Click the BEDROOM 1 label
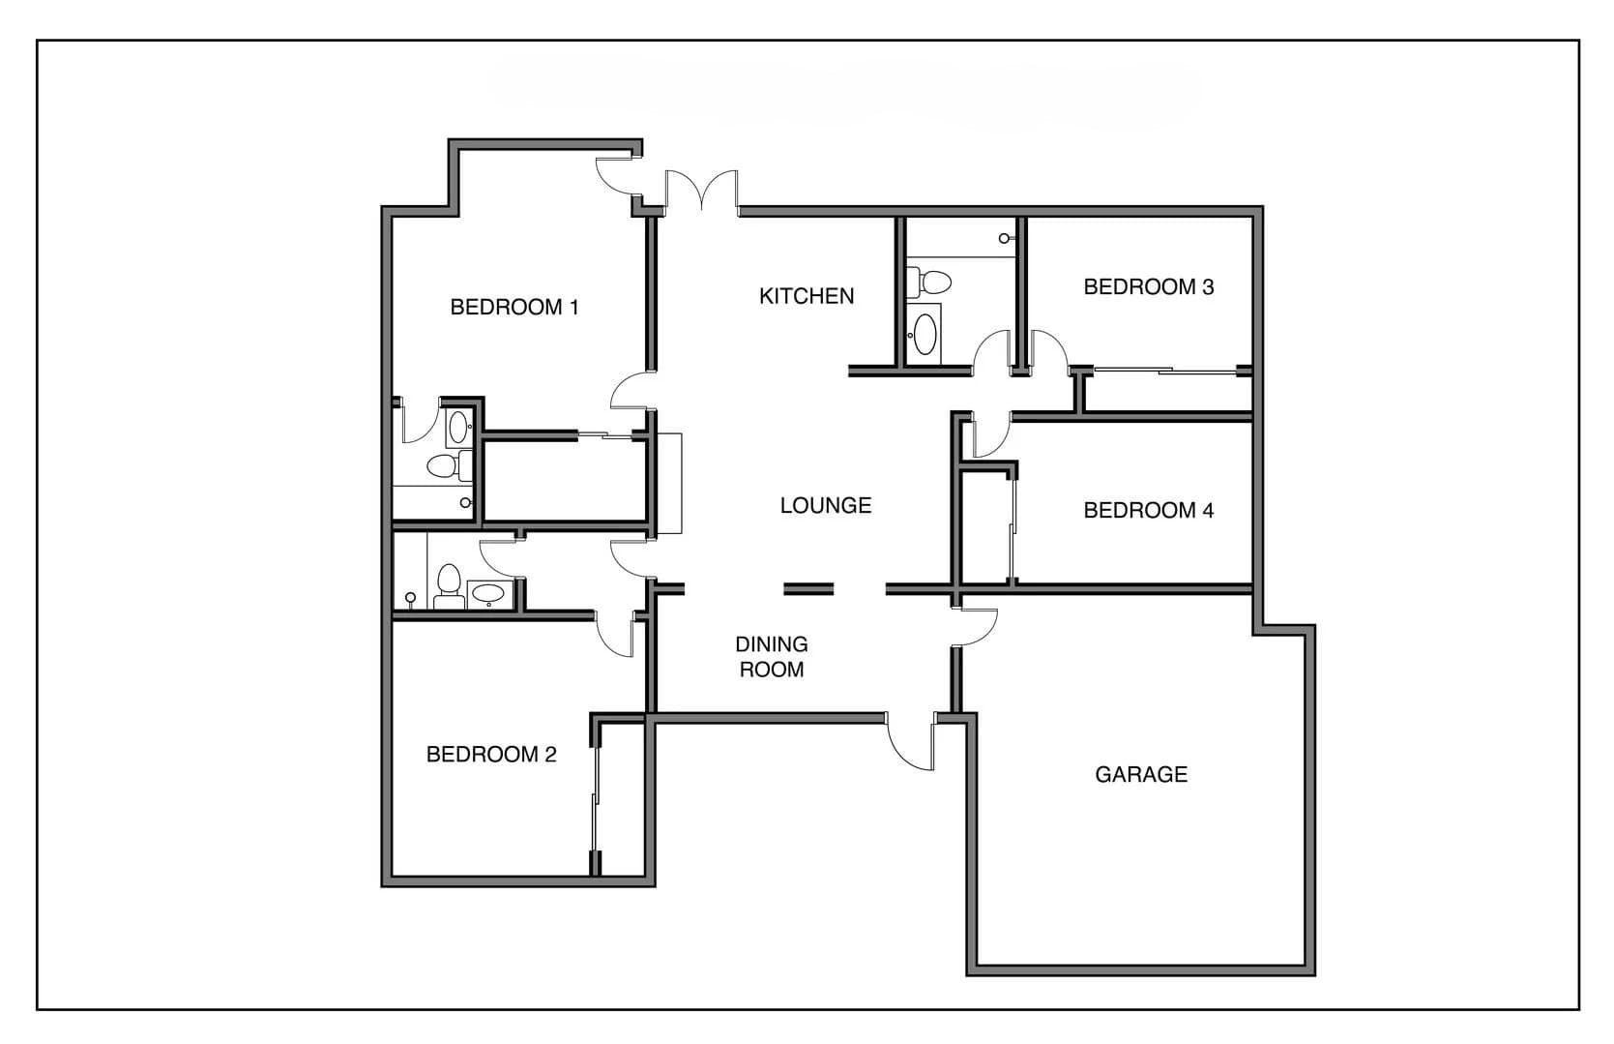pos(514,308)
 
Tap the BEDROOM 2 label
pos(491,755)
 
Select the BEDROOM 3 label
pos(1148,287)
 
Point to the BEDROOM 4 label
pos(1148,511)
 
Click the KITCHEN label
pos(807,296)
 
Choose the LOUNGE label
pos(826,505)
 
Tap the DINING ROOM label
pos(772,657)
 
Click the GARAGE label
pos(1141,774)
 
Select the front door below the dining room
pos(912,743)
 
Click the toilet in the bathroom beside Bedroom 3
pos(933,283)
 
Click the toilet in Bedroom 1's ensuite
pos(444,466)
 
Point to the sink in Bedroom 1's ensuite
pos(458,422)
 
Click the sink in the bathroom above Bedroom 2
pos(486,593)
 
